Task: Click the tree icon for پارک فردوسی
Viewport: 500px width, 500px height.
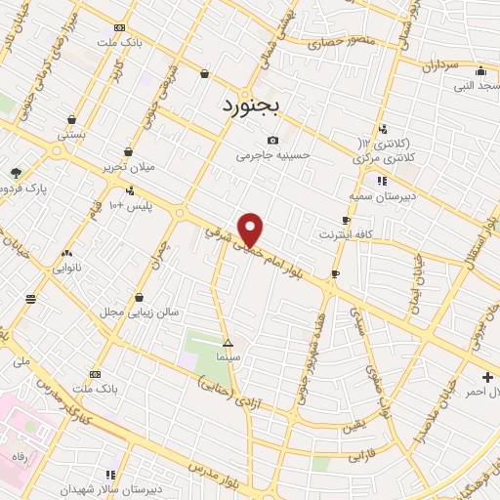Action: coord(17,172)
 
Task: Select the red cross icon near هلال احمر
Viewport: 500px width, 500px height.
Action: coord(487,377)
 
